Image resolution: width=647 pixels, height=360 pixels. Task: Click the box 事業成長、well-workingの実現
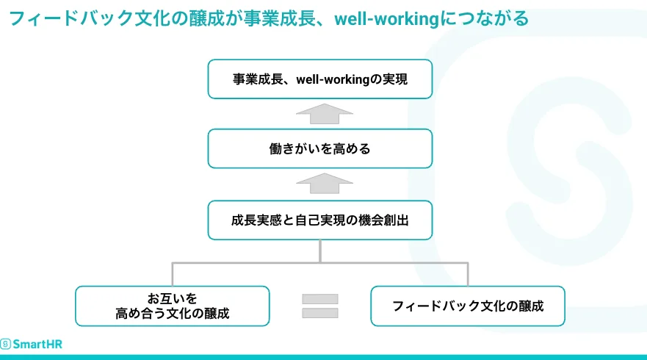[x=320, y=79]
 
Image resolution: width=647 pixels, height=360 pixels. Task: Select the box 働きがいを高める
[x=320, y=148]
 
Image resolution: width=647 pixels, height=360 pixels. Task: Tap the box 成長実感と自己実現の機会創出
[x=320, y=220]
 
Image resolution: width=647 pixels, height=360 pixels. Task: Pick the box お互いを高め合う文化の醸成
[x=173, y=306]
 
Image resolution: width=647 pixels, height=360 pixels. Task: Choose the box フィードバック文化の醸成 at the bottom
[x=468, y=306]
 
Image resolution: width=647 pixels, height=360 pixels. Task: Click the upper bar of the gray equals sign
[x=320, y=299]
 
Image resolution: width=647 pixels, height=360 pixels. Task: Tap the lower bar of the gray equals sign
[x=320, y=313]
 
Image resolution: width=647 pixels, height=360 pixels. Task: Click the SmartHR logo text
[x=37, y=343]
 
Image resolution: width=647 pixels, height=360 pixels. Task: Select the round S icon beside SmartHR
[x=6, y=343]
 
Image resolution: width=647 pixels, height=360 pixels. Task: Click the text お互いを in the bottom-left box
[x=173, y=298]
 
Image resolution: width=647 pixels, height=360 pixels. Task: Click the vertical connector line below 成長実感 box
[x=320, y=251]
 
